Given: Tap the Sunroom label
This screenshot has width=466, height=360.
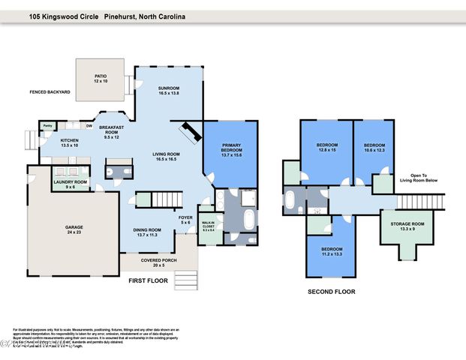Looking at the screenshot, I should point(169,90).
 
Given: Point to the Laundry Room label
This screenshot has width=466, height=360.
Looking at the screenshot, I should point(70,184).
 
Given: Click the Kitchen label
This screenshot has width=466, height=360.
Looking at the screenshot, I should point(70,142).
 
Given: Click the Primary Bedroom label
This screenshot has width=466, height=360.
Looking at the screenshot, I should point(230,151).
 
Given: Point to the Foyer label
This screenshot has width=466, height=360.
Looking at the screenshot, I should point(185,220).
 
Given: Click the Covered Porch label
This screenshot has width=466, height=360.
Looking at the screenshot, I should point(158,262).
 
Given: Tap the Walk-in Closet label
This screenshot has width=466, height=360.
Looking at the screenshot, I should point(208,225).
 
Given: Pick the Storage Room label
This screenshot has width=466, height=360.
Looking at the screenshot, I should point(407,226).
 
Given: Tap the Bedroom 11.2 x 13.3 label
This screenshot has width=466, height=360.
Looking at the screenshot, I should point(331,251).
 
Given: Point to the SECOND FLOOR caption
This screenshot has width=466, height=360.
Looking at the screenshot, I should point(331,292).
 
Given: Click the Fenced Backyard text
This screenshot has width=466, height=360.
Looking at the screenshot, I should point(50,92).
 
